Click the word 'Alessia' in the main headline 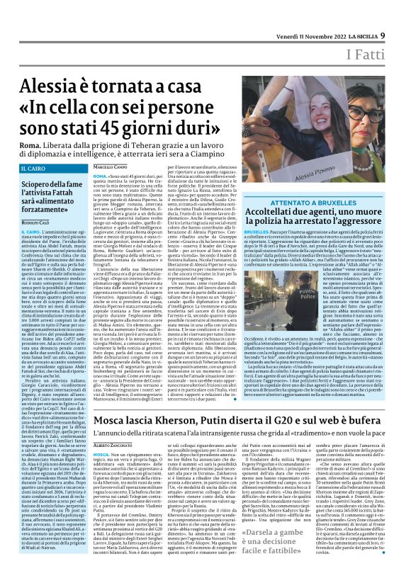pos(51,89)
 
